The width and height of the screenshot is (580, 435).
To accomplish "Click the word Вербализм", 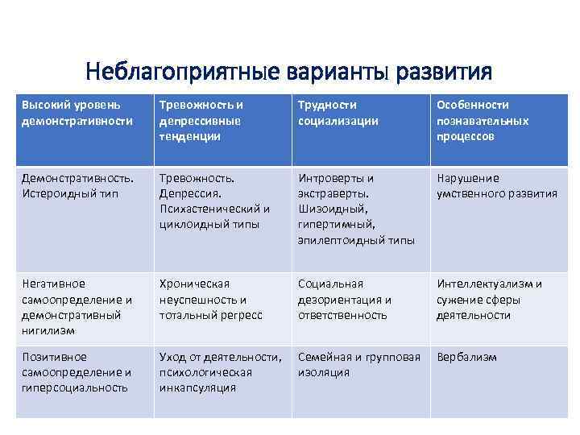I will click(466, 357).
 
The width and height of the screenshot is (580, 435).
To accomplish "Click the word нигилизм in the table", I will click(48, 331).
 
